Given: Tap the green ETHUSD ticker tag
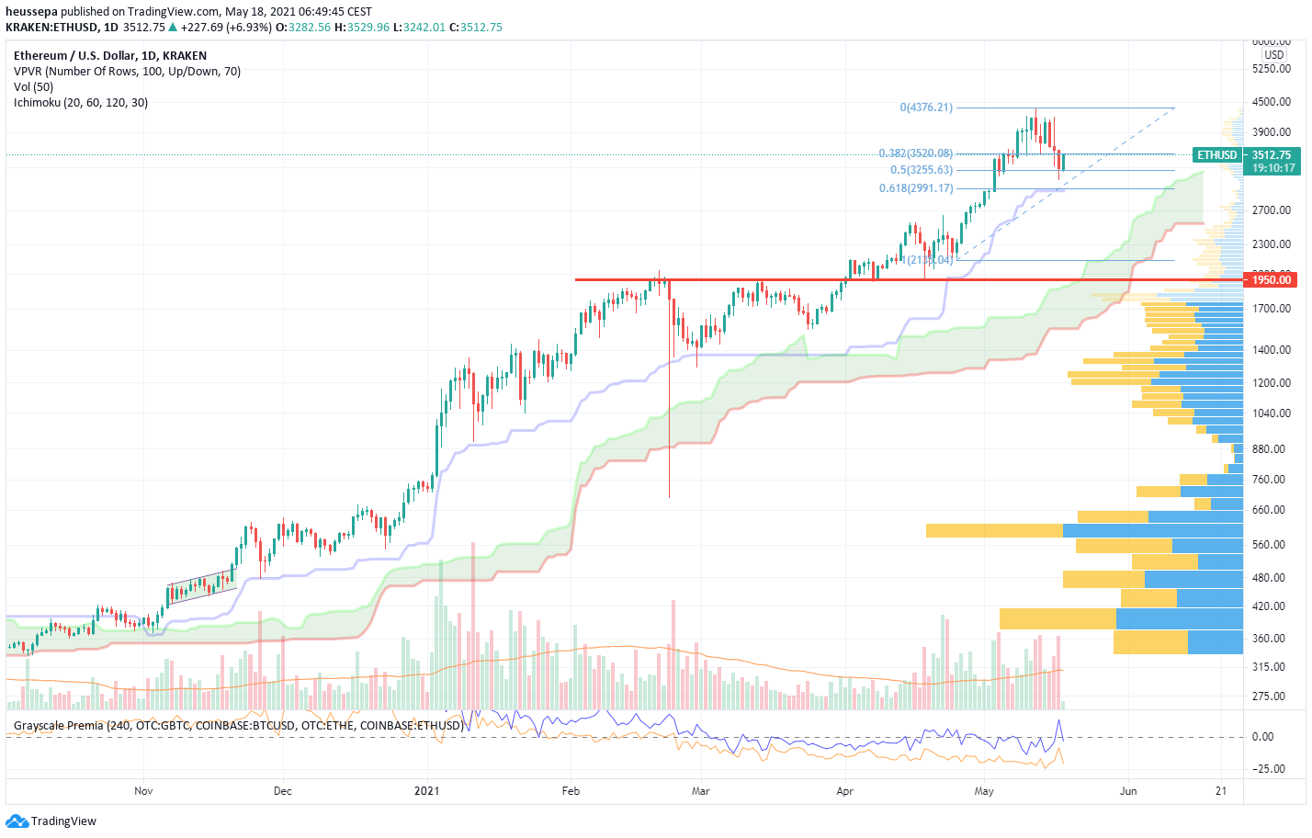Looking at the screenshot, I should [x=1216, y=155].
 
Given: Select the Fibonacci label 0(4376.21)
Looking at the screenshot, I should [x=926, y=108].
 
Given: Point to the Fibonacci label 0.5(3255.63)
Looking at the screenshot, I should [x=922, y=170].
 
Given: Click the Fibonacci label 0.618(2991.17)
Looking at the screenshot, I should [x=916, y=188].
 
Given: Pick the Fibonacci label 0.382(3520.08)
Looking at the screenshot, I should [x=916, y=153].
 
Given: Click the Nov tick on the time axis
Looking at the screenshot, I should [x=143, y=790].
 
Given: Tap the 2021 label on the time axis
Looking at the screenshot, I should [x=427, y=790].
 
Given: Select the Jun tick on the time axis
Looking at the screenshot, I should [x=1128, y=790].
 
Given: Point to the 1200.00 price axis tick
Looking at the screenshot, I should [x=1272, y=383].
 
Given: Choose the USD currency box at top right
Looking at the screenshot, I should [x=1273, y=54].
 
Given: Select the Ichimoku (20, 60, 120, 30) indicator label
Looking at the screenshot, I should [x=81, y=103].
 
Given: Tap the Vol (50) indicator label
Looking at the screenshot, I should [x=34, y=87].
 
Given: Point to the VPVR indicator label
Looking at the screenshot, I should [x=127, y=72].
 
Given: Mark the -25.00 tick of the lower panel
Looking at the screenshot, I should [x=1269, y=769].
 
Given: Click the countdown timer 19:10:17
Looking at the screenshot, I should [x=1273, y=168].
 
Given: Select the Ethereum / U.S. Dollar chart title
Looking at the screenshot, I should [x=110, y=56].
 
